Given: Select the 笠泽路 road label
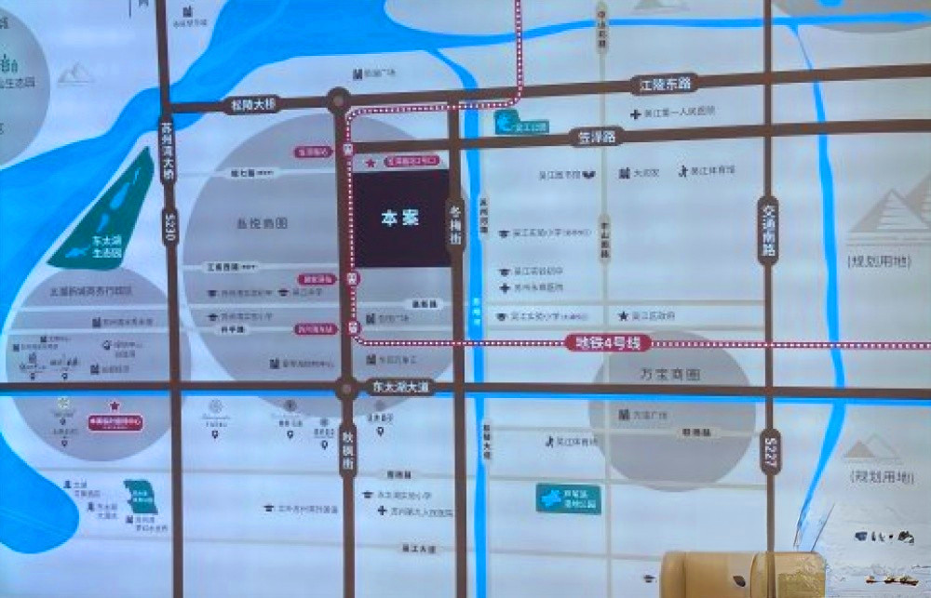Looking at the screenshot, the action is (x=598, y=138).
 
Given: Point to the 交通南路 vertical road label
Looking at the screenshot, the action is (x=768, y=231).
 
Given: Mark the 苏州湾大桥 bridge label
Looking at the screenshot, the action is (x=169, y=157).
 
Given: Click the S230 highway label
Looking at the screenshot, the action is (x=169, y=227).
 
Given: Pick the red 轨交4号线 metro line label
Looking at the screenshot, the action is (x=607, y=343).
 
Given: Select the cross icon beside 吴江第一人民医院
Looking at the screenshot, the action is (x=640, y=112).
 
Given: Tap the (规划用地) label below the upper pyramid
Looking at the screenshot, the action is (x=880, y=261).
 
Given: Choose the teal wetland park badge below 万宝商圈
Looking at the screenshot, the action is (x=567, y=498).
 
